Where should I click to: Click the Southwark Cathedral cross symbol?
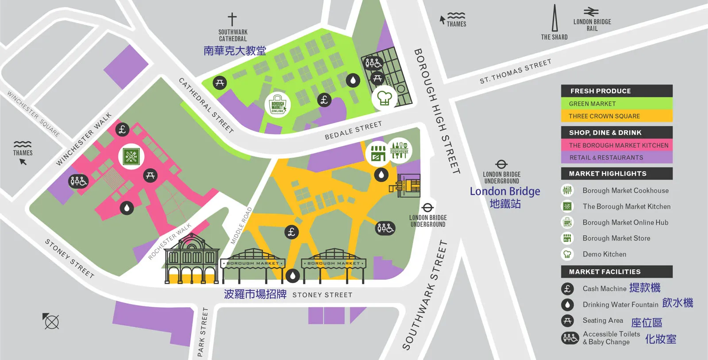point(232,19)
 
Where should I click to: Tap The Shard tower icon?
point(554,19)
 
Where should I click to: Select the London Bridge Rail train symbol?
point(591,12)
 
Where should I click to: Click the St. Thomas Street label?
point(516,71)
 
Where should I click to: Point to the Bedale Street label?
point(353,131)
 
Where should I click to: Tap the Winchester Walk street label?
point(84,139)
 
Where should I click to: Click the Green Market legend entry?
point(616,104)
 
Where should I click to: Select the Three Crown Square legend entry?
point(616,116)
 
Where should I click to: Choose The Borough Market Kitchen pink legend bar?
point(616,145)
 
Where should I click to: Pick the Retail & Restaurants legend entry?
point(616,158)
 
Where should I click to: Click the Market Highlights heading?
point(616,174)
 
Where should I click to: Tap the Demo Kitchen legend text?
point(604,254)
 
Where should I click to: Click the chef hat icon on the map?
point(384,98)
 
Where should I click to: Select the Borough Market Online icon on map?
point(277,106)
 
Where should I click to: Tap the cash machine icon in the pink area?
point(123,129)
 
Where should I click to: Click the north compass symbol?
point(51,321)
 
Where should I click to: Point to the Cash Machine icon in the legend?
point(567,289)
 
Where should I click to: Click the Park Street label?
point(202,332)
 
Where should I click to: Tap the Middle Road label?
point(241,226)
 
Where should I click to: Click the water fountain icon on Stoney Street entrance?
point(292,276)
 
